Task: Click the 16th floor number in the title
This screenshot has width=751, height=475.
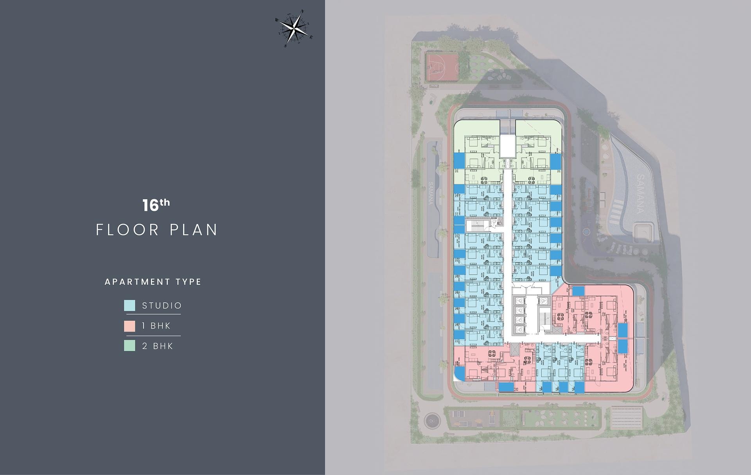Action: coord(156,205)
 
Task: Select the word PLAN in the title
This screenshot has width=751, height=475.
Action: coord(194,230)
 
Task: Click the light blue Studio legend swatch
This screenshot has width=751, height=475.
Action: coord(129,305)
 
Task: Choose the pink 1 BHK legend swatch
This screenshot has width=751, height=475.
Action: coord(129,326)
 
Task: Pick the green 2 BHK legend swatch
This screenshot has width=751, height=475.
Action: coord(129,346)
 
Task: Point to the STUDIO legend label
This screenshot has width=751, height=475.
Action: coord(162,305)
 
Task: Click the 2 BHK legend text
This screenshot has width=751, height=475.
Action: coord(158,346)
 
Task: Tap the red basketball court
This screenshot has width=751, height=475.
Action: coord(442,67)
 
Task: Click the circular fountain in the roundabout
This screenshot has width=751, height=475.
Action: coord(432,421)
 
